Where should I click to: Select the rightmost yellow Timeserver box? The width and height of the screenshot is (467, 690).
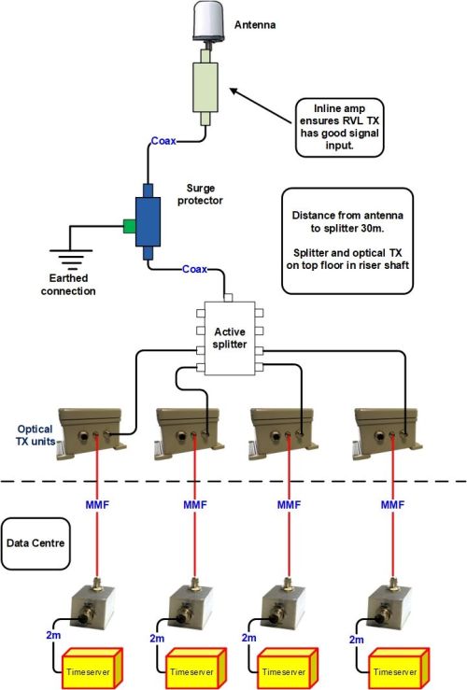point(391,669)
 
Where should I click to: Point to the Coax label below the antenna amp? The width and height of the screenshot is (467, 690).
point(164,142)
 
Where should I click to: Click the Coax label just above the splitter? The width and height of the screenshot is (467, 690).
point(194,270)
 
